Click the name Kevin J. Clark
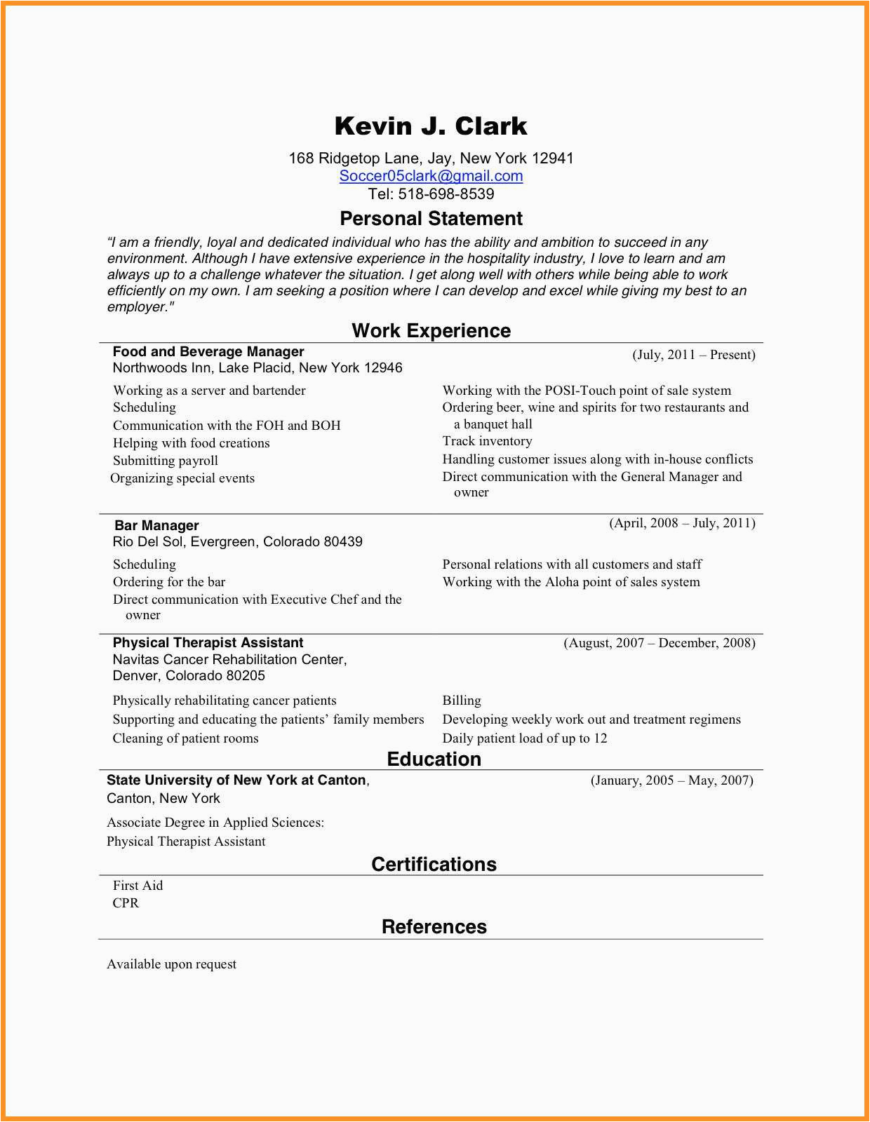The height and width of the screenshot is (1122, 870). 431,126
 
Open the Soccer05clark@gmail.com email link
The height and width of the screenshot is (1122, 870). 431,176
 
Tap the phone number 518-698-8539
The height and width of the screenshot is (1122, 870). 446,194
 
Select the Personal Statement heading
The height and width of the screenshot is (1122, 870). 431,219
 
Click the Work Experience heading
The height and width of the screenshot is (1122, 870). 431,331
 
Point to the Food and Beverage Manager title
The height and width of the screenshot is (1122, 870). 208,351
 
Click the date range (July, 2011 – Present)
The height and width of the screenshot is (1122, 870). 693,355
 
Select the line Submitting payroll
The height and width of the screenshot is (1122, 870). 166,461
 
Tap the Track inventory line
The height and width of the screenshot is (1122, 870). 487,441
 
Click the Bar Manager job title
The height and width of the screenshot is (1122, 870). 156,525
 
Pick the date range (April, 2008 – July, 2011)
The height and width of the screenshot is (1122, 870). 682,523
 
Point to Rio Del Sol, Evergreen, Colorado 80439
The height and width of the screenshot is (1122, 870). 237,542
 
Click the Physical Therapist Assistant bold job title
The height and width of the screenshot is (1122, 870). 208,642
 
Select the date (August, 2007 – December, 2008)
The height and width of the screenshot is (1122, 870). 659,643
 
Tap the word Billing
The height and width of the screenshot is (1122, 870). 462,701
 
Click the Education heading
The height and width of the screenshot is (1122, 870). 434,759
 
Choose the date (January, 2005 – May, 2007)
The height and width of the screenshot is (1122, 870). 671,780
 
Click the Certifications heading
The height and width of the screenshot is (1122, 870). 434,865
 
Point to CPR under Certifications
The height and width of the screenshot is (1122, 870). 126,903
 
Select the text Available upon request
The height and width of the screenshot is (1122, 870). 171,964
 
